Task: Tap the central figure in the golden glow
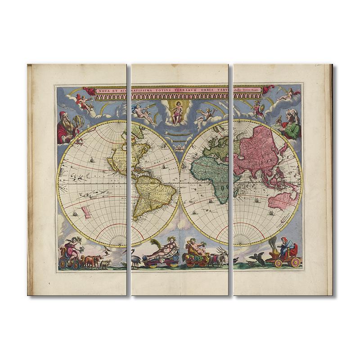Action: [177, 112]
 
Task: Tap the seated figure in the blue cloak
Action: [287, 247]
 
